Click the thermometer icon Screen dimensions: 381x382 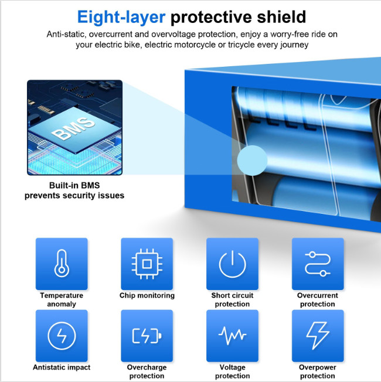(x=62, y=263)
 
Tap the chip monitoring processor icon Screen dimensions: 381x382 (x=147, y=264)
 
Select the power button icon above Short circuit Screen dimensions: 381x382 (x=232, y=264)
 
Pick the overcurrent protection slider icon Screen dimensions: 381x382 (x=318, y=264)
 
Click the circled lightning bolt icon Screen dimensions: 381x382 (x=62, y=336)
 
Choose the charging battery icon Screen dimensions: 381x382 (x=147, y=336)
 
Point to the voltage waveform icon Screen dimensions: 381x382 (x=232, y=336)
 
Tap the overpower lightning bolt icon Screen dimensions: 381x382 (x=318, y=336)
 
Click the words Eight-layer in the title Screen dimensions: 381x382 (x=121, y=17)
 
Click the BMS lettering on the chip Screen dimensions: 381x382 (x=73, y=128)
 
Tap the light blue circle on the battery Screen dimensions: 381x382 (x=252, y=161)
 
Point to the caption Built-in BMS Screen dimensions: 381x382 (x=74, y=185)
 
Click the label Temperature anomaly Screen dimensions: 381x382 (x=62, y=299)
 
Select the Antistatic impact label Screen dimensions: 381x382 (x=62, y=367)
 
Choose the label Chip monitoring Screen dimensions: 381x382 (x=147, y=295)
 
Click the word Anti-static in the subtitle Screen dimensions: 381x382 (x=66, y=34)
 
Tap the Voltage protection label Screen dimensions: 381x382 (x=232, y=371)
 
